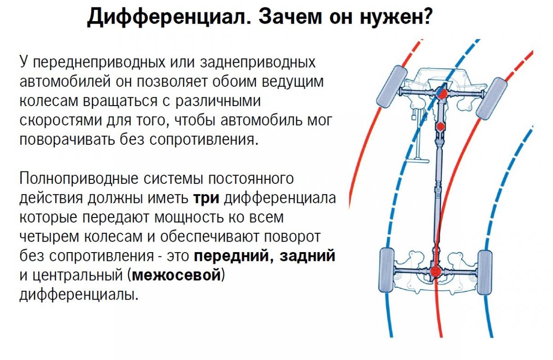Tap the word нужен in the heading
(391, 18)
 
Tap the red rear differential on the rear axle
(435, 271)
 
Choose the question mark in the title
(426, 18)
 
